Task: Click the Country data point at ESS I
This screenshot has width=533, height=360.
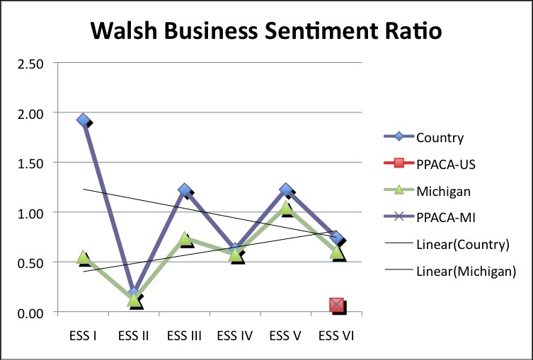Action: tap(83, 120)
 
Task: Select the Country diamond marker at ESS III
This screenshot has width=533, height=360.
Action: tap(185, 190)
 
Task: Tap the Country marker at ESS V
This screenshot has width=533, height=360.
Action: tap(286, 190)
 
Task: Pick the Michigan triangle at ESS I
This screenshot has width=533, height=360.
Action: tap(83, 257)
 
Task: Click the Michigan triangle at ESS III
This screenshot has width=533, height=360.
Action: tap(185, 239)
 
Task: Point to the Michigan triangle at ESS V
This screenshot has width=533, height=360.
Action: tap(286, 207)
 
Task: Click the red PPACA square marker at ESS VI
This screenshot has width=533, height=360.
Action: tap(337, 305)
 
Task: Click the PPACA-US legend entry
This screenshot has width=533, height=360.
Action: tap(445, 164)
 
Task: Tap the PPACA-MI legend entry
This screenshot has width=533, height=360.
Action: tap(444, 218)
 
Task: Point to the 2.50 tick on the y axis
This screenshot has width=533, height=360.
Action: tap(30, 64)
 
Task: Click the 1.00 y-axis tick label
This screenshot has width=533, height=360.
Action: tap(30, 213)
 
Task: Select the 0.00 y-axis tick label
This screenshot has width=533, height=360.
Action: tap(30, 313)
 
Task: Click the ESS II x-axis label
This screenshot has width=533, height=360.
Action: tap(134, 335)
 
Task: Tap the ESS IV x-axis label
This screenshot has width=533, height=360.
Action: tap(235, 335)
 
